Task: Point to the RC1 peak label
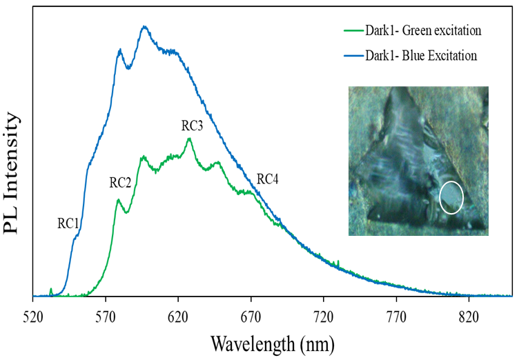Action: click(68, 223)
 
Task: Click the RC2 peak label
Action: click(120, 183)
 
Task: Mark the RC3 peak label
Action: click(193, 126)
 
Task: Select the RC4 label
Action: click(268, 180)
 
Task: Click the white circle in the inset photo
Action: click(451, 197)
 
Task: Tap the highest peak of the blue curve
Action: click(144, 27)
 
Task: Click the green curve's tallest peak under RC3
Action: click(188, 139)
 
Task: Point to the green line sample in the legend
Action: click(354, 31)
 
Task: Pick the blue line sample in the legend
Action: click(354, 55)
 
